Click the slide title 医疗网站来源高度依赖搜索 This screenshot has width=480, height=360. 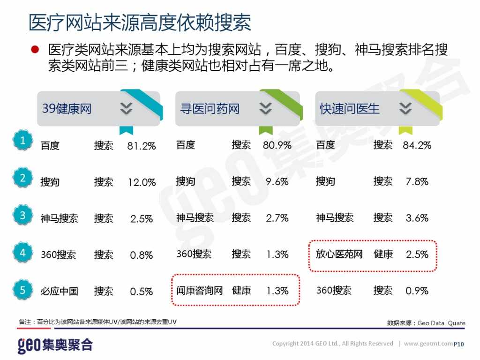point(140,22)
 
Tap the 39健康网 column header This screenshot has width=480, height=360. point(67,109)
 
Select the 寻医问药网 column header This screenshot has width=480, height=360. point(210,109)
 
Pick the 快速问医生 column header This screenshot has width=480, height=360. point(349,109)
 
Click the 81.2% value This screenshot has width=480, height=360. point(141,146)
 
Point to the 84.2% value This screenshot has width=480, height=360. point(417,145)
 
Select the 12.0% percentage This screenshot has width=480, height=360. point(142,182)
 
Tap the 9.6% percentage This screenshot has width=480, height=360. point(277,182)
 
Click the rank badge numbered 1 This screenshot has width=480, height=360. point(22,141)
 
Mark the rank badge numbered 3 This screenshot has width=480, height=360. point(22,216)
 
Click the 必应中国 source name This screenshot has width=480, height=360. point(59,291)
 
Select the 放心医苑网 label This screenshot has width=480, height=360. point(339,254)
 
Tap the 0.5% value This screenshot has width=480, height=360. point(142,292)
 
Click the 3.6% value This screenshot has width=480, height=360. point(417,218)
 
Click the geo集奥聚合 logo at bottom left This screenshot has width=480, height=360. point(55,345)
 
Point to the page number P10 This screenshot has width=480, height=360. point(459,345)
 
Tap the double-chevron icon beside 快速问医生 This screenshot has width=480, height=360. point(405,109)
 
